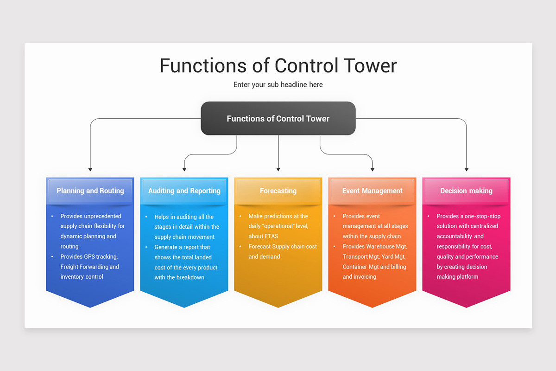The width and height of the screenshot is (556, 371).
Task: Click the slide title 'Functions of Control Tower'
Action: click(278, 65)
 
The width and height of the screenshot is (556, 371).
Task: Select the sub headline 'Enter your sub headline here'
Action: click(278, 85)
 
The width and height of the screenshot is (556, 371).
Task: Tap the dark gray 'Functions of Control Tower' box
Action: click(278, 119)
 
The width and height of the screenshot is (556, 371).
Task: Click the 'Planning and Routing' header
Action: click(90, 191)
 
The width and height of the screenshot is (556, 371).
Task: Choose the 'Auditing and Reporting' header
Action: click(184, 191)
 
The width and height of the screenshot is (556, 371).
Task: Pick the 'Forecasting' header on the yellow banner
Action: click(278, 191)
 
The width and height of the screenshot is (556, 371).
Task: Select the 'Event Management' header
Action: click(372, 191)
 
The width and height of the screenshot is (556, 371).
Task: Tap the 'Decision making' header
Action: click(466, 191)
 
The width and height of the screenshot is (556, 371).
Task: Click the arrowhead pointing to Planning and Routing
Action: click(90, 170)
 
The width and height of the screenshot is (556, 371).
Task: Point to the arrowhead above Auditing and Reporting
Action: click(184, 170)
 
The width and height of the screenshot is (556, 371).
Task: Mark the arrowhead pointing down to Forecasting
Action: click(278, 170)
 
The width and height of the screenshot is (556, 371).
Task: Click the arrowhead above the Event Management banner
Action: click(373, 170)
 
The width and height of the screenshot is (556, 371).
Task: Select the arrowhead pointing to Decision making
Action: click(467, 170)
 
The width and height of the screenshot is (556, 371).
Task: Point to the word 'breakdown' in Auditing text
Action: click(190, 277)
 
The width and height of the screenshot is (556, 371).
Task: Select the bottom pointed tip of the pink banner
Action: click(466, 307)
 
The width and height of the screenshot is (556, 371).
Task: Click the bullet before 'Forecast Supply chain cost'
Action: click(240, 247)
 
